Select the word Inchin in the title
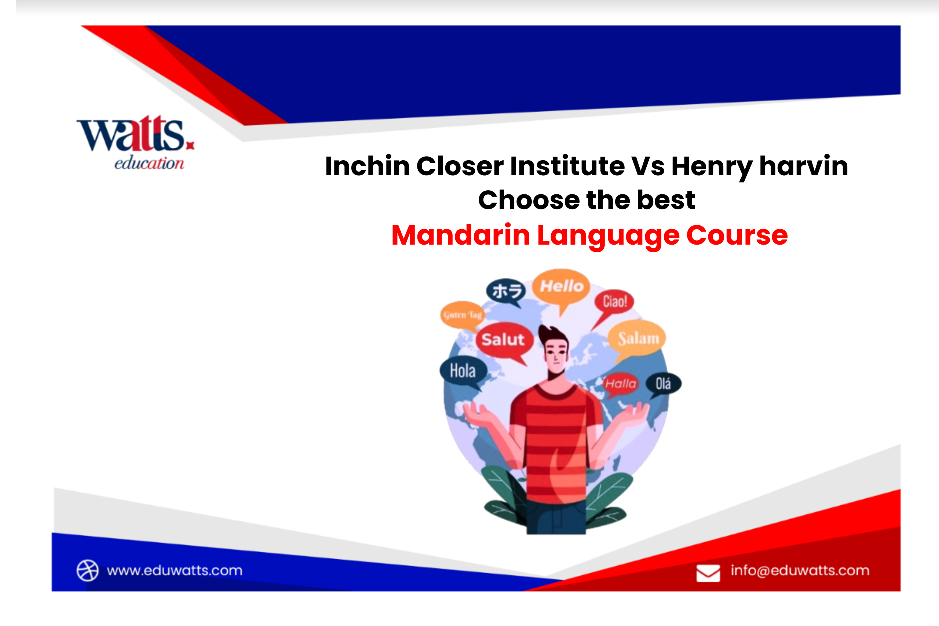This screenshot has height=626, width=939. [x=367, y=166]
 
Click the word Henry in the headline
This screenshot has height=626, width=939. [x=712, y=167]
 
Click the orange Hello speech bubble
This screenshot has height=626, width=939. [x=561, y=287]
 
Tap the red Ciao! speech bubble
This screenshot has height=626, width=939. [x=614, y=302]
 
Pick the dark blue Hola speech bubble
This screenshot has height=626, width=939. [x=463, y=371]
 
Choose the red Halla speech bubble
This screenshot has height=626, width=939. [x=620, y=384]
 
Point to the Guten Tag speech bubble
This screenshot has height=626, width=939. [x=462, y=315]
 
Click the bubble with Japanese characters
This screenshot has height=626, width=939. [x=506, y=291]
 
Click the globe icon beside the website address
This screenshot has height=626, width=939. [x=87, y=571]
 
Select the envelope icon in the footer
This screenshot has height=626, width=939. [x=708, y=573]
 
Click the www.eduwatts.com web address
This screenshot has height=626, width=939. [x=175, y=571]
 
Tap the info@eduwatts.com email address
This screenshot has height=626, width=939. [x=800, y=571]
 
